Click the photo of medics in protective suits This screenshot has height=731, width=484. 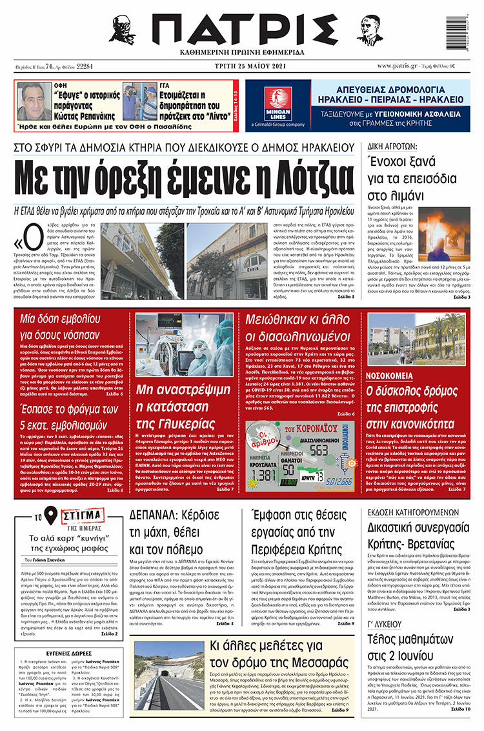coord(185,345)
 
